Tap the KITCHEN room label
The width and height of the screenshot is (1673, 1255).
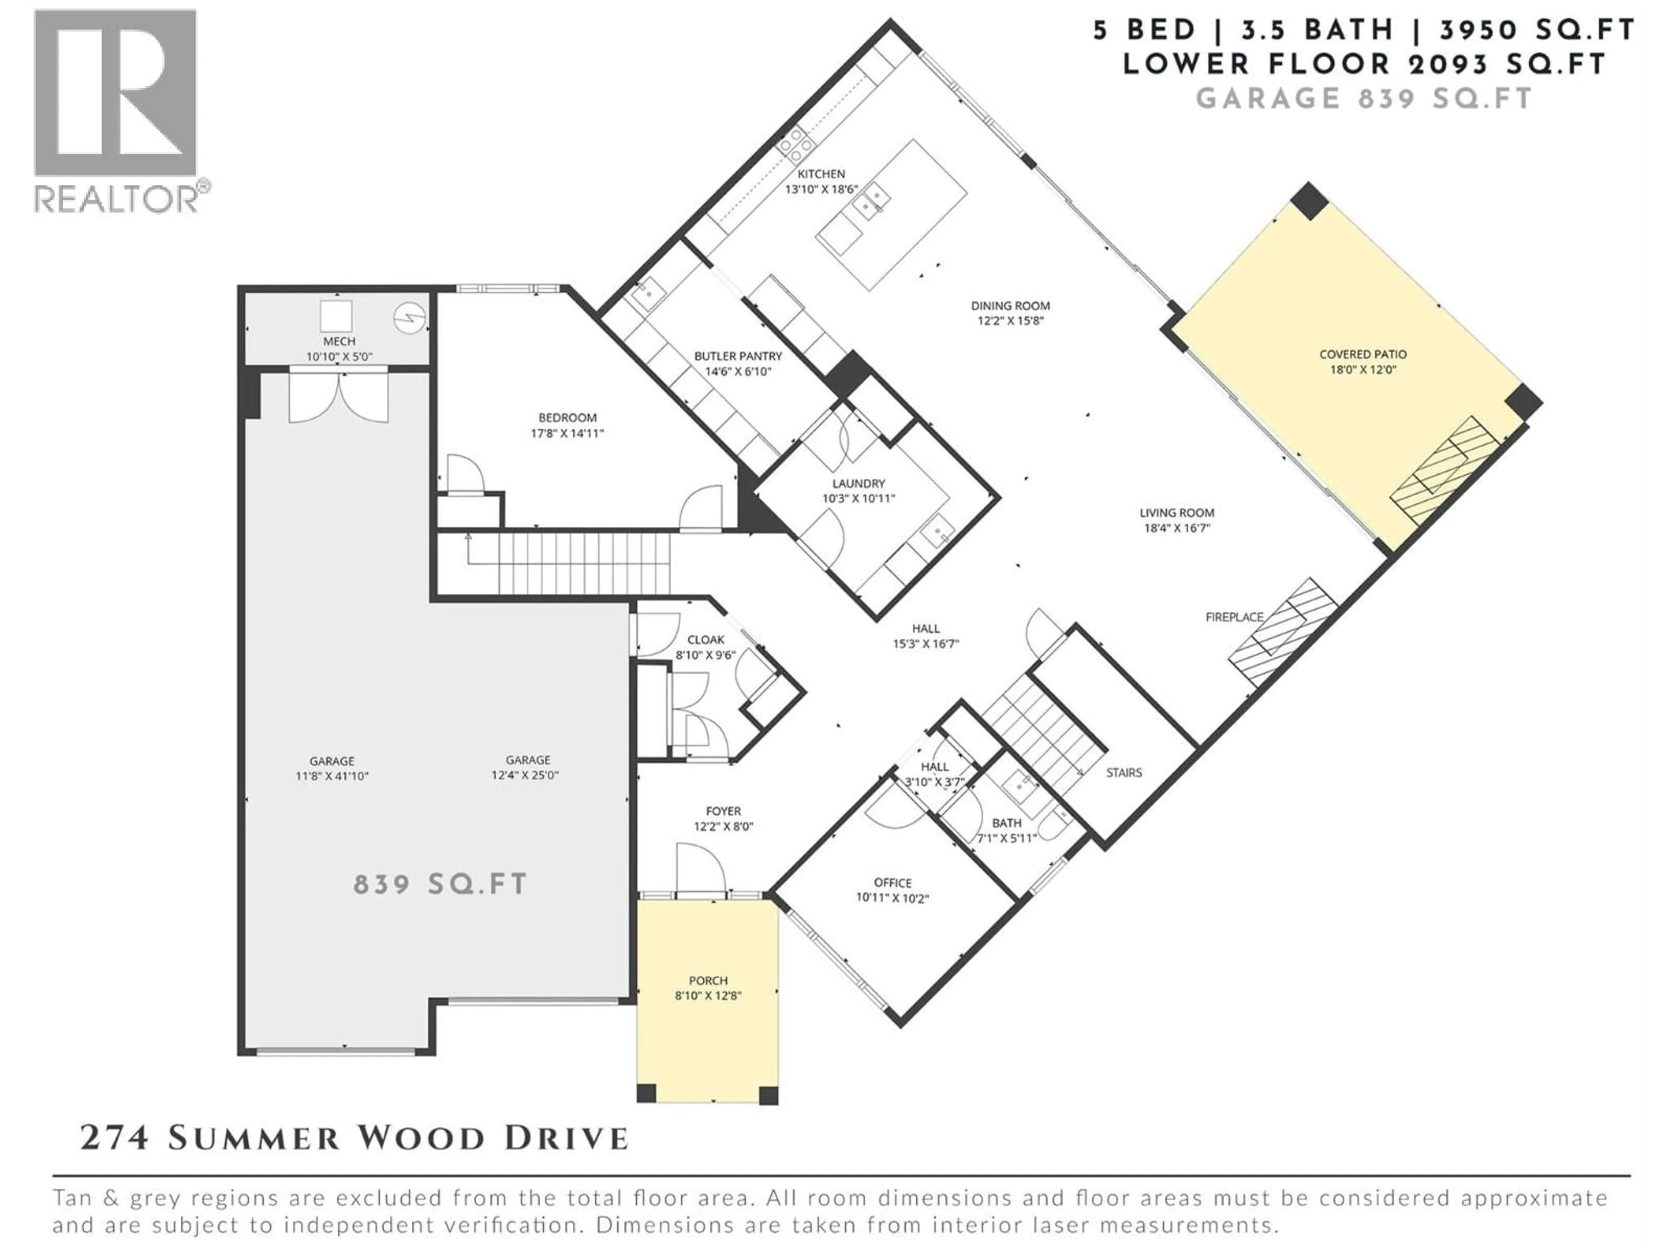click(x=821, y=174)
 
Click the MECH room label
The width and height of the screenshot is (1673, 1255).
click(x=339, y=341)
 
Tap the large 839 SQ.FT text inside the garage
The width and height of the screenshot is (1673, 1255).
click(x=440, y=884)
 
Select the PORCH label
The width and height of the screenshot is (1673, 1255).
click(x=708, y=980)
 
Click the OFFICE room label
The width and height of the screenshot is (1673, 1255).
click(x=892, y=883)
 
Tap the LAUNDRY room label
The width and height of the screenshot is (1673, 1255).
click(x=858, y=483)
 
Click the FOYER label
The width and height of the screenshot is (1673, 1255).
click(x=723, y=811)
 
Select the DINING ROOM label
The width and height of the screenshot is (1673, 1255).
click(x=1010, y=305)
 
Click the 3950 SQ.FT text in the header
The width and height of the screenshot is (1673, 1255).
click(x=1538, y=30)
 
